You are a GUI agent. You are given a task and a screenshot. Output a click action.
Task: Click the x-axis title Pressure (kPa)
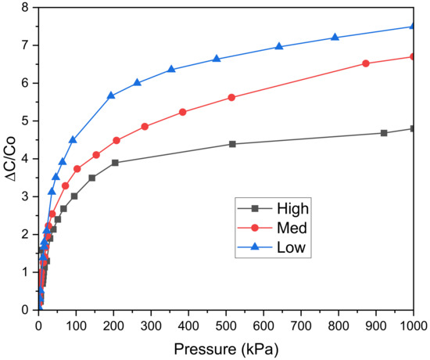point(226,345)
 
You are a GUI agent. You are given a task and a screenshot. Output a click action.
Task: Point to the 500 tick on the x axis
point(226,322)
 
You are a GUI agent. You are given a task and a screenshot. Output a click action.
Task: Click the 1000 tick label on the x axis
point(412,322)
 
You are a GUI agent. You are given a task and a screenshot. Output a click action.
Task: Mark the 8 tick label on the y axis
point(26,8)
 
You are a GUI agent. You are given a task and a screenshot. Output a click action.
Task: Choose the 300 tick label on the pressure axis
point(151,322)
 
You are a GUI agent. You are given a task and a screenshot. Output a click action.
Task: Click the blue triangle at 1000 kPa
point(414,27)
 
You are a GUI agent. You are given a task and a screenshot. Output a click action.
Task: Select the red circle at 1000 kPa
point(414,56)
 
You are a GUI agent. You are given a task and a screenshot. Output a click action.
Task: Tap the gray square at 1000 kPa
point(414,128)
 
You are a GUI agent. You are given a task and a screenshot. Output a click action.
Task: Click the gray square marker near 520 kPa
point(233,144)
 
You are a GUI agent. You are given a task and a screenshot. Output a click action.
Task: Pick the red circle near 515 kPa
point(231,97)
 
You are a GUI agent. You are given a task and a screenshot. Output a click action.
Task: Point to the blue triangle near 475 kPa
point(217,59)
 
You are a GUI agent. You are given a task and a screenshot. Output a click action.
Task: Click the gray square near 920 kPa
point(384,133)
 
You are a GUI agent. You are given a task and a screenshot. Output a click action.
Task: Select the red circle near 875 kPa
point(366,63)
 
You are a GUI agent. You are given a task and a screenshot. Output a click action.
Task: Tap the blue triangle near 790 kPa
point(335,38)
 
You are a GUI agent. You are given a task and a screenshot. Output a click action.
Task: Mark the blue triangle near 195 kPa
point(111,95)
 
